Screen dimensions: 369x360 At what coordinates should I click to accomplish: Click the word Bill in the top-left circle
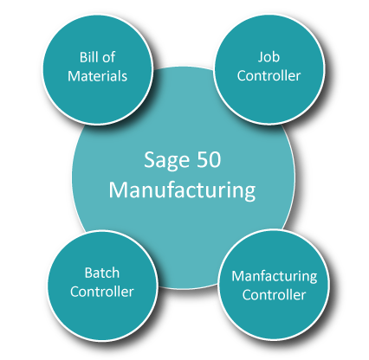pyautogui.click(x=88, y=57)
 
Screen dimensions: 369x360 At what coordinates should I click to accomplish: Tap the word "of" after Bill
pyautogui.click(x=108, y=57)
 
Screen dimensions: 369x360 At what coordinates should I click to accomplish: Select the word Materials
pyautogui.click(x=97, y=76)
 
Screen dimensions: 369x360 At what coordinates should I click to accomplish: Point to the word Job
pyautogui.click(x=269, y=57)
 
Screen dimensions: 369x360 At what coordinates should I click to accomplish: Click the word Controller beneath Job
pyautogui.click(x=269, y=75)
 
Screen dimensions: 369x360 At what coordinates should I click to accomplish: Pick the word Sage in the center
pyautogui.click(x=166, y=160)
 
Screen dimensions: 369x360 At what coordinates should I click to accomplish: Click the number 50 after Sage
pyautogui.click(x=209, y=159)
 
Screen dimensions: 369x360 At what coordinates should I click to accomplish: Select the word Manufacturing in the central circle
pyautogui.click(x=182, y=190)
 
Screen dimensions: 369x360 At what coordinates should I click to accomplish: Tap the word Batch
pyautogui.click(x=102, y=273)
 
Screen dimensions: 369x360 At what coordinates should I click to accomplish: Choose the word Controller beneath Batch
pyautogui.click(x=102, y=292)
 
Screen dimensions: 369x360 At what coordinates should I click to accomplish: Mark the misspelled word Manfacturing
pyautogui.click(x=275, y=276)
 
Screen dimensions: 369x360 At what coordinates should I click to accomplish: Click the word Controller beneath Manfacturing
pyautogui.click(x=274, y=295)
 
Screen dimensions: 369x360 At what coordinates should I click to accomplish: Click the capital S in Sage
pyautogui.click(x=150, y=159)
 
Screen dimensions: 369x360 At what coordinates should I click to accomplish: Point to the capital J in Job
pyautogui.click(x=261, y=57)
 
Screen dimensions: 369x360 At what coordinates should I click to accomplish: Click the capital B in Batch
pyautogui.click(x=88, y=273)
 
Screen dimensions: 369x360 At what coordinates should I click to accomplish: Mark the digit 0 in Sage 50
pyautogui.click(x=215, y=159)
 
